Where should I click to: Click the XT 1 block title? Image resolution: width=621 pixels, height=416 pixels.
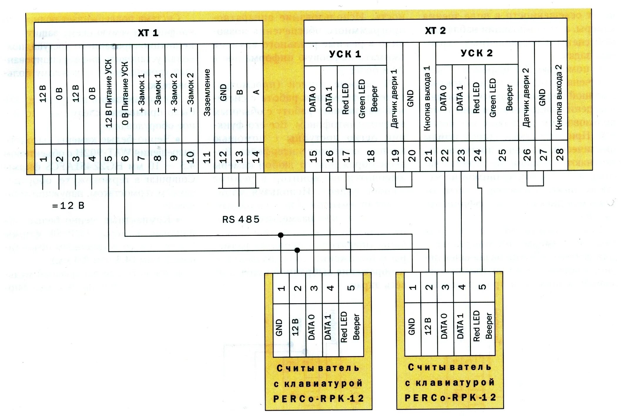[x=148, y=33]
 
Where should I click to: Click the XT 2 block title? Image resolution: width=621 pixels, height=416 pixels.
[x=435, y=31]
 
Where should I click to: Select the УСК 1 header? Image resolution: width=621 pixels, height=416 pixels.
[x=345, y=54]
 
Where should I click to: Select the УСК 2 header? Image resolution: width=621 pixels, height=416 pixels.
[x=476, y=53]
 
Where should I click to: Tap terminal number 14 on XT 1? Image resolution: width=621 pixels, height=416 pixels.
[x=256, y=157]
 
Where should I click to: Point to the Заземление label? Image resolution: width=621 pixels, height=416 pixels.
[x=207, y=93]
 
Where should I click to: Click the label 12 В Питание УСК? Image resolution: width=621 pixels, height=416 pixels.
[x=109, y=93]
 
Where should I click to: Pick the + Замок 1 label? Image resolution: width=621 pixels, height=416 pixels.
[x=142, y=93]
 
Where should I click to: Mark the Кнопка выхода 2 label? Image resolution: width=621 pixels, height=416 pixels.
[x=559, y=97]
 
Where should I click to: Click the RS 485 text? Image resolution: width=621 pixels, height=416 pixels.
[x=241, y=219]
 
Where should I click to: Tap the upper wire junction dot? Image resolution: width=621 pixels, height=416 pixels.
[x=281, y=235]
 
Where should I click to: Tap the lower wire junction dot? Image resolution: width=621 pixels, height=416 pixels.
[x=297, y=250]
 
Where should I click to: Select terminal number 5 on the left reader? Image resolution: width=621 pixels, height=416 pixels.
[x=351, y=288]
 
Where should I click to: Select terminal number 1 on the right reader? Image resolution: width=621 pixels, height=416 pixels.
[x=412, y=287]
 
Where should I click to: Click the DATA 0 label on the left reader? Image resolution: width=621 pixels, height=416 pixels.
[x=311, y=327]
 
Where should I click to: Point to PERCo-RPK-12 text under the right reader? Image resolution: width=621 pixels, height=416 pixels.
[x=450, y=398]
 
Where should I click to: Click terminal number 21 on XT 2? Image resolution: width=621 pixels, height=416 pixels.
[x=428, y=156]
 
